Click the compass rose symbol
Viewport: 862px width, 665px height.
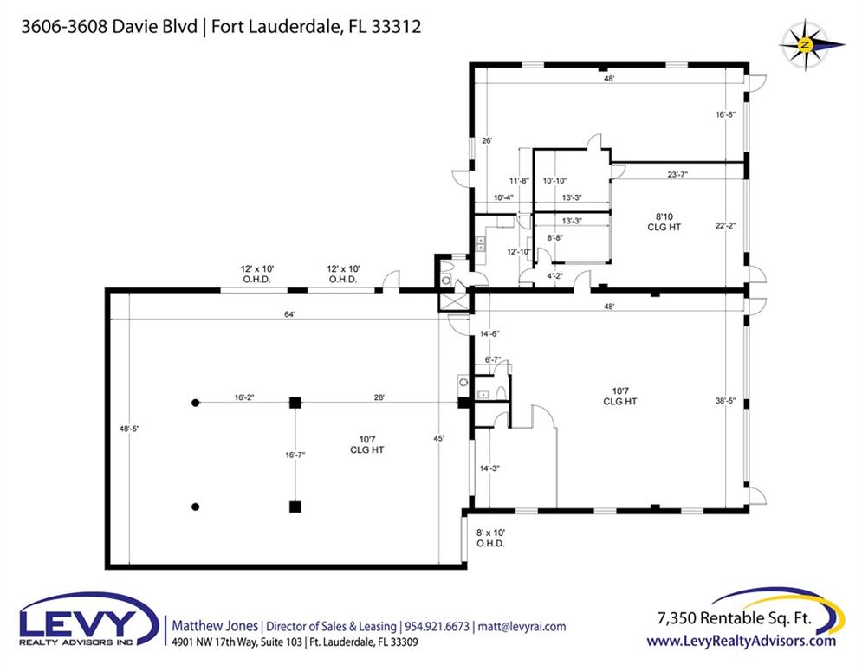(806, 45)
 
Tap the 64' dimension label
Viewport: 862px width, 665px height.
(289, 314)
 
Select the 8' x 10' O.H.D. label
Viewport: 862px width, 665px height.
(490, 538)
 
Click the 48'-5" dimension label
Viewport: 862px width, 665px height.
(129, 429)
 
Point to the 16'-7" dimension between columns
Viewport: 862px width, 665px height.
(295, 455)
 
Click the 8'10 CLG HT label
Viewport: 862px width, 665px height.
(664, 222)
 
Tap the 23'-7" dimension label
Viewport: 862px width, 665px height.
(677, 175)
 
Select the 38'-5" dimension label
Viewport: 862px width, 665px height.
(725, 401)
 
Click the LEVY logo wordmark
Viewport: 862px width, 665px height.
(78, 623)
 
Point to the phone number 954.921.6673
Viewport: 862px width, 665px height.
(437, 627)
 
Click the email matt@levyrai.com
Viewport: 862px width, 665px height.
(522, 627)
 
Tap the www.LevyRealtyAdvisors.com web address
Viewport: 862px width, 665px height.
(741, 641)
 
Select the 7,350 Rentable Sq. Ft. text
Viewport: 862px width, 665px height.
(735, 618)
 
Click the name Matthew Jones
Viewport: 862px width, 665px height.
(215, 626)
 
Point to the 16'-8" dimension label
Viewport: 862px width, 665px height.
(725, 115)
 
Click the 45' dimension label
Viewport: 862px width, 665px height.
(438, 438)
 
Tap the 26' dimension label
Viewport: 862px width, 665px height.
(487, 140)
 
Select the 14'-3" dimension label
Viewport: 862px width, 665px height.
(489, 468)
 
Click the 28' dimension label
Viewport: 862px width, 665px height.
(379, 397)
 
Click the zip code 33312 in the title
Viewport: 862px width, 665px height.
(396, 26)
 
